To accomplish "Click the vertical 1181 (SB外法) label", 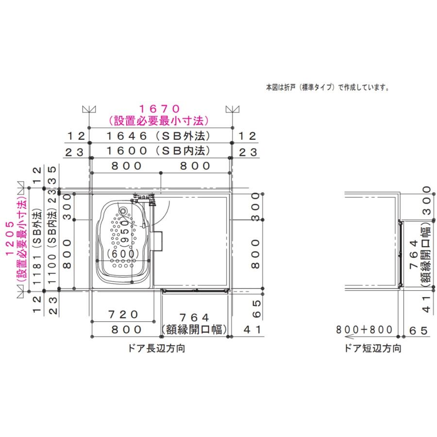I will (37, 241).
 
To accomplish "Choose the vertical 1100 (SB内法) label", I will (52, 241).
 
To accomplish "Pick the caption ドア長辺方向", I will (160, 348).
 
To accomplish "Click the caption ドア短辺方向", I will (372, 348).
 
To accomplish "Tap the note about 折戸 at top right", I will (327, 88).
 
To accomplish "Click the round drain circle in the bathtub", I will (123, 211).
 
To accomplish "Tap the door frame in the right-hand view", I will (400, 253).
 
